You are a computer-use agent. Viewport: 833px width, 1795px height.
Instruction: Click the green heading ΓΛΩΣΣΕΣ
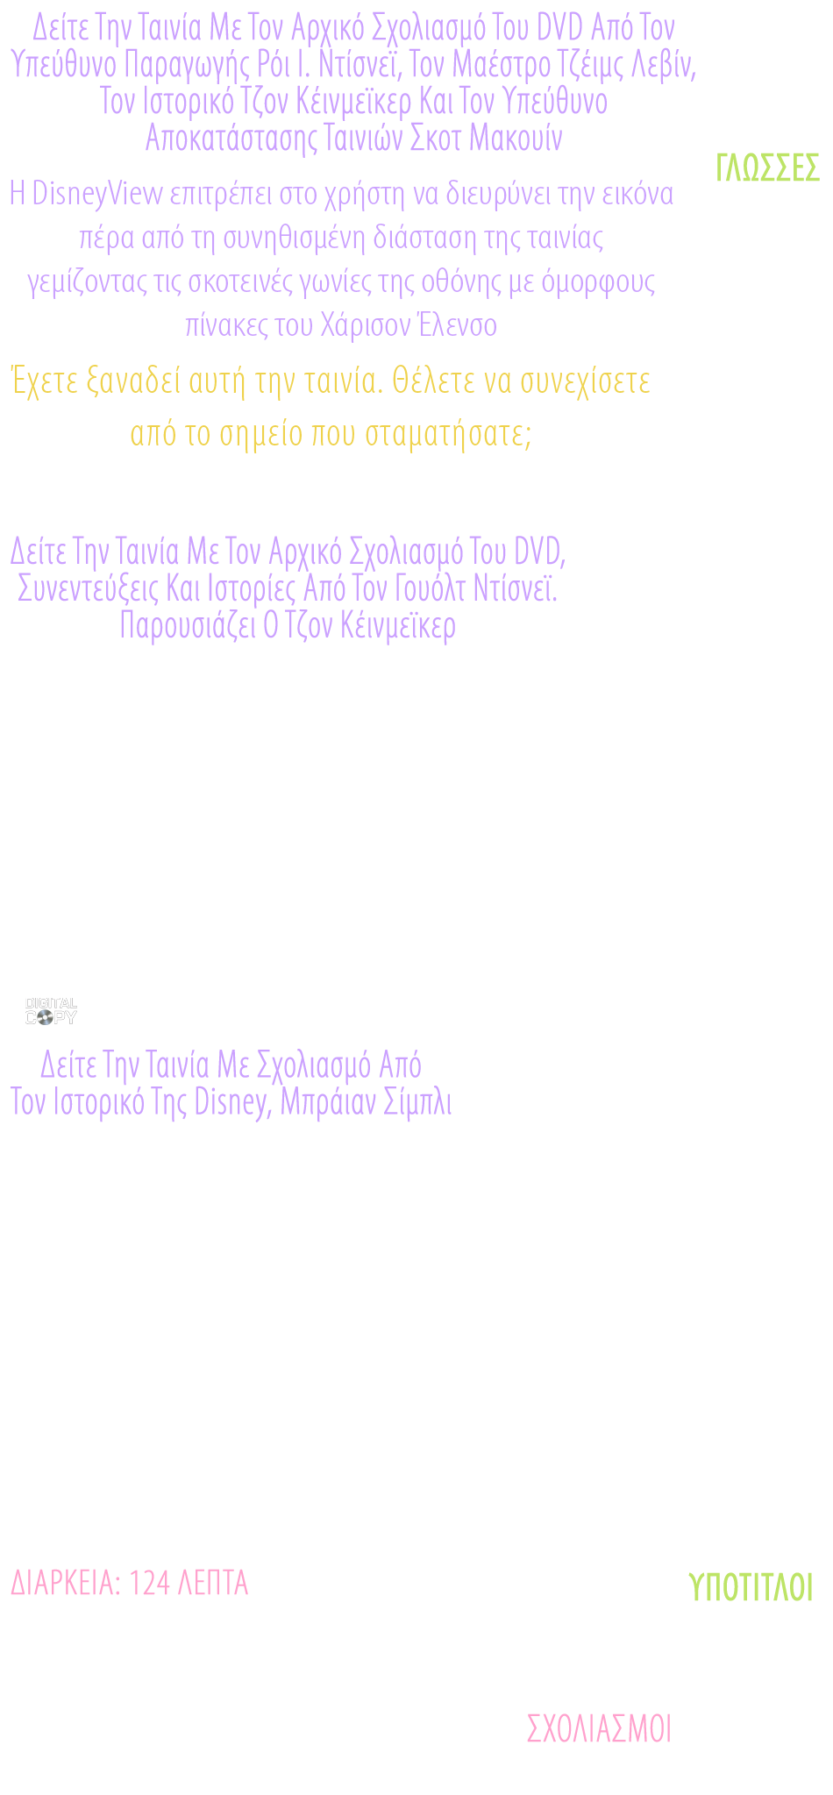point(767,167)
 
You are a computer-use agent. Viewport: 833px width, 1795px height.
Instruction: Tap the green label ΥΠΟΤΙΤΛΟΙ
point(751,1586)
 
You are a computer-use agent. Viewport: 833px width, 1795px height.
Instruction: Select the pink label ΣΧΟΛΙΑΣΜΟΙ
point(599,1727)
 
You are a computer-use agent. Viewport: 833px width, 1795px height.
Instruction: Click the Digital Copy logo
point(51,1011)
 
